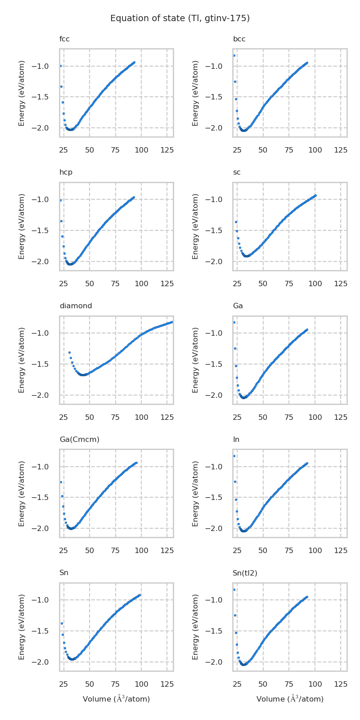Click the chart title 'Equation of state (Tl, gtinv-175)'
pos(180,18)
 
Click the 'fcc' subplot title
pos(64,39)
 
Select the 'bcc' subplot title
pos(239,39)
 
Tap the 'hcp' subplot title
pos(66,172)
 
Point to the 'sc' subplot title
pos(237,172)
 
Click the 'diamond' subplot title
pos(76,306)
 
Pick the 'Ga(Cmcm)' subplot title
pos(79,439)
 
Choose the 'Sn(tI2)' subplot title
pos(245,573)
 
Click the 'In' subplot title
pos(236,439)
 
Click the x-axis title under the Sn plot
pos(116,699)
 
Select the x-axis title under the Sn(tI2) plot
pos(290,699)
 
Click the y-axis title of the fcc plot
pos(22,93)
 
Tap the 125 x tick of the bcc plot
pos(341,150)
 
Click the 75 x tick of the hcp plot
pos(116,283)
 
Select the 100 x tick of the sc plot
pos(315,283)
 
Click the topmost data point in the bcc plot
pos(234,55)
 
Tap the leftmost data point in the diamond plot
pos(69,352)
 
